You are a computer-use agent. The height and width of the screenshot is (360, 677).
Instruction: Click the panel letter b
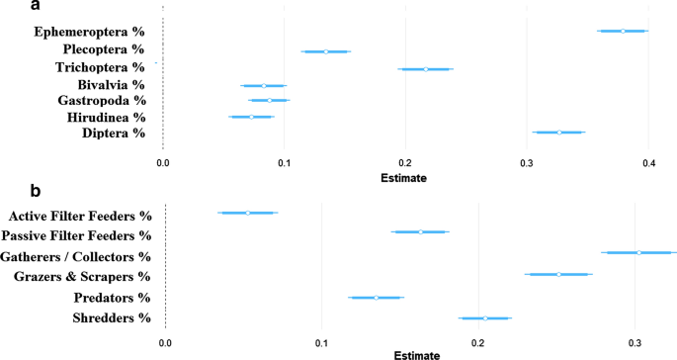click(9, 191)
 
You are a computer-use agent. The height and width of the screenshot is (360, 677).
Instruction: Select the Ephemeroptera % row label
click(89, 32)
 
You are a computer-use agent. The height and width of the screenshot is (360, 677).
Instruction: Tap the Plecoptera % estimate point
click(326, 50)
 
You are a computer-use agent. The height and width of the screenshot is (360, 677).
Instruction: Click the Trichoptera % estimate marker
click(426, 69)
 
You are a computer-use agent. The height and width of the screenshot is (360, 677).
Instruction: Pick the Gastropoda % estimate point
click(269, 100)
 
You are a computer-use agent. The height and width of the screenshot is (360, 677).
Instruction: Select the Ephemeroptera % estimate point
click(623, 31)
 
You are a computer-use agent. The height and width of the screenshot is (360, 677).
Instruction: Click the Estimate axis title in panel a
click(404, 178)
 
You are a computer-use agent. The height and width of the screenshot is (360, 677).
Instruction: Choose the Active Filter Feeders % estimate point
click(248, 213)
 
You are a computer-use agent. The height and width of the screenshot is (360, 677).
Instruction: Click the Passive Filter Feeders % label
click(76, 235)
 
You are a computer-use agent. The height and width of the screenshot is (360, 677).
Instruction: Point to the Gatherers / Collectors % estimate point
click(639, 253)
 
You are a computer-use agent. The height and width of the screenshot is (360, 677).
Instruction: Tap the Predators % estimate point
click(376, 297)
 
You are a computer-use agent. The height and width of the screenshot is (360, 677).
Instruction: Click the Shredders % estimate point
click(485, 317)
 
